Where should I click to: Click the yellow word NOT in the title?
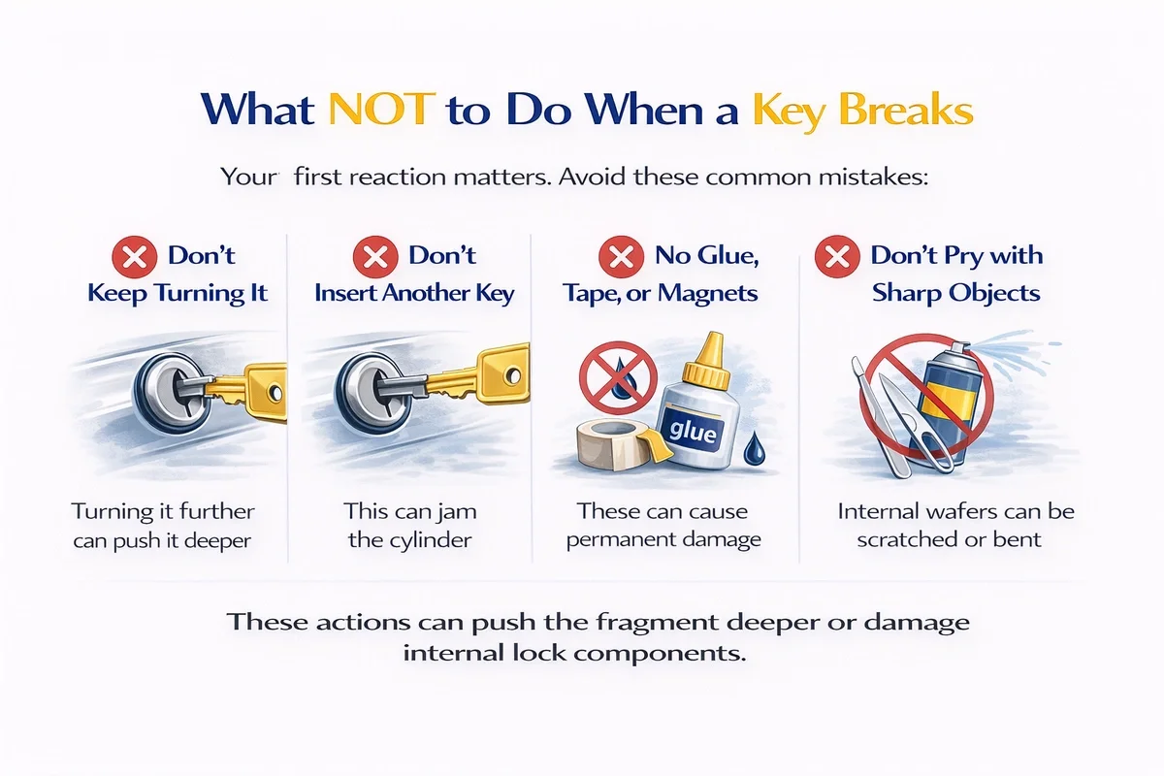tap(382, 110)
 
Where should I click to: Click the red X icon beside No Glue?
tap(622, 256)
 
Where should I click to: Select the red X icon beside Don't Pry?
tap(837, 256)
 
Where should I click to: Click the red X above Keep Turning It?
tap(135, 257)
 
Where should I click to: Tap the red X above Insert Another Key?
tap(375, 257)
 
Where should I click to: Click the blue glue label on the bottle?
tap(692, 431)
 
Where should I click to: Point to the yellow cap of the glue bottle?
tap(707, 362)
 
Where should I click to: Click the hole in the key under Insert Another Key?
tap(513, 374)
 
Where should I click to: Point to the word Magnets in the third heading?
tap(708, 293)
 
